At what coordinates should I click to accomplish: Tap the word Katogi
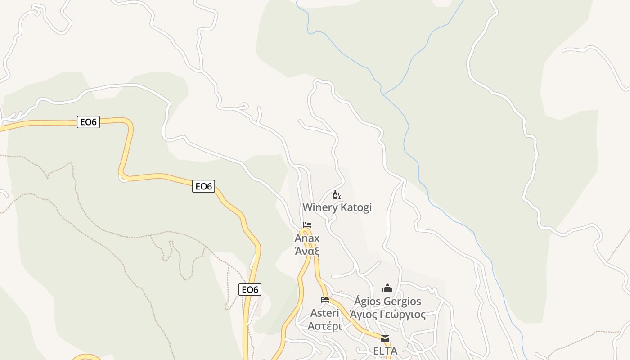tap(356, 207)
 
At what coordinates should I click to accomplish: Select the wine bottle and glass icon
tap(337, 195)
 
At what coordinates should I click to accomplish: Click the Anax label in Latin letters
tap(307, 238)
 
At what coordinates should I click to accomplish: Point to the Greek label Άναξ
tap(307, 250)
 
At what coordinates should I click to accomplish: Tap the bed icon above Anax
tap(307, 225)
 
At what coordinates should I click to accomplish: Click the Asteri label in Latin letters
tap(324, 313)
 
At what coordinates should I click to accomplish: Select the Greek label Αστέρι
tap(324, 325)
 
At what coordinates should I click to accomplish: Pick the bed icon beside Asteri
tap(325, 299)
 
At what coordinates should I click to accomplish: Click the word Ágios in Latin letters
tap(369, 301)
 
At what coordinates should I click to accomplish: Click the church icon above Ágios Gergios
tap(387, 288)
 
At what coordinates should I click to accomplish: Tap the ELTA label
tap(385, 351)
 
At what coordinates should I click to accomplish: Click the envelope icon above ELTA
tap(385, 338)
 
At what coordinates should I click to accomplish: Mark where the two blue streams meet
tap(382, 94)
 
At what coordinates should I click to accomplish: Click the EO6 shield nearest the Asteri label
tap(250, 289)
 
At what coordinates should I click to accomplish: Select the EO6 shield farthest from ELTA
tap(88, 122)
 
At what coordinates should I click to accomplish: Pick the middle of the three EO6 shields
tap(203, 186)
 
